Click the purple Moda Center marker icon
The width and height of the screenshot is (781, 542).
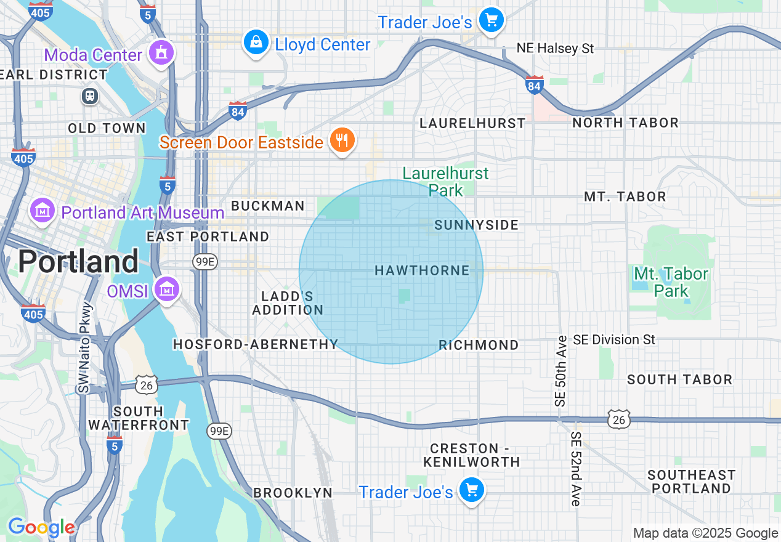click(x=161, y=52)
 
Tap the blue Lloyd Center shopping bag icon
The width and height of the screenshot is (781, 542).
click(x=255, y=42)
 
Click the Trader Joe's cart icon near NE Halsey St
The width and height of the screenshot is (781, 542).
click(x=492, y=20)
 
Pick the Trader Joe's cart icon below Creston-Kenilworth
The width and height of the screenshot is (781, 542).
click(x=472, y=490)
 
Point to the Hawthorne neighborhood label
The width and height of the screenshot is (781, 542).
click(x=422, y=270)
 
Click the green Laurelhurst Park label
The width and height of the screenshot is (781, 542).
click(x=445, y=182)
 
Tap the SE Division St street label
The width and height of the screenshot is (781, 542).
click(x=614, y=339)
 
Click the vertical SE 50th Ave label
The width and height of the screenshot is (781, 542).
click(x=560, y=371)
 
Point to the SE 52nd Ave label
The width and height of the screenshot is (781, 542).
click(x=576, y=469)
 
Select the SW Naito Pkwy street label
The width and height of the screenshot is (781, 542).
click(x=85, y=348)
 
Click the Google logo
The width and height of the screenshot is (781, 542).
click(x=41, y=527)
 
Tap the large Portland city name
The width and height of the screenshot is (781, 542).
click(x=78, y=262)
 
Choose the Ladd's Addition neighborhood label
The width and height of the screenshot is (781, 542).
click(x=288, y=303)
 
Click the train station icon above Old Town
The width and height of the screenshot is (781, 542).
click(x=90, y=96)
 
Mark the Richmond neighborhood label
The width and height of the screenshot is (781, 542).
click(x=479, y=345)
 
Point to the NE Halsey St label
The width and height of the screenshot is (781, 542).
click(x=556, y=48)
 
